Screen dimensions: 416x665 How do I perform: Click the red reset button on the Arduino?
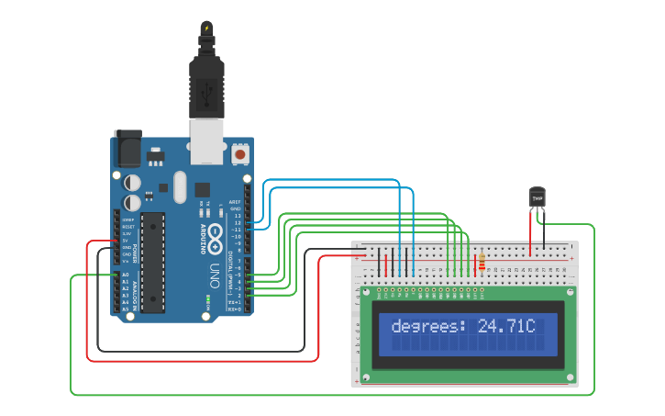coord(240,154)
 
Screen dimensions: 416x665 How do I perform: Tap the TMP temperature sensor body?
coord(538,197)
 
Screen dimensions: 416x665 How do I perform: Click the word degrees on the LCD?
coord(428,326)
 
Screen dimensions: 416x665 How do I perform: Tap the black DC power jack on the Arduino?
coord(128,148)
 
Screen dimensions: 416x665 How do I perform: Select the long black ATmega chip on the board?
coord(153,262)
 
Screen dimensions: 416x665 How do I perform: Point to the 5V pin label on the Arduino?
coord(126,240)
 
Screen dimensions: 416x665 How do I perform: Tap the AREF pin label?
coord(235,201)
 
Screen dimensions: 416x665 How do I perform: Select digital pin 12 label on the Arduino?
coord(237,222)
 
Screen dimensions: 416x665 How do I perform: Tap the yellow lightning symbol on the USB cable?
coord(206,28)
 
